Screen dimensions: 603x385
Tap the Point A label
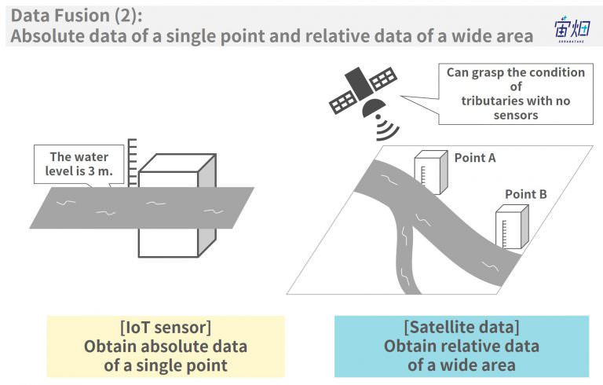(x=475, y=158)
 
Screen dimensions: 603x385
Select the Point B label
(x=526, y=194)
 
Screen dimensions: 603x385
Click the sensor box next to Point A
(x=431, y=172)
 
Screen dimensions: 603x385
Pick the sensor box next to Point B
(x=512, y=227)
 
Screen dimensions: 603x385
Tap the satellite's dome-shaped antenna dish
(x=373, y=108)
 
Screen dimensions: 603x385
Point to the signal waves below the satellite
(x=386, y=128)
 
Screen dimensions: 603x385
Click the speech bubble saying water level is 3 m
(x=79, y=165)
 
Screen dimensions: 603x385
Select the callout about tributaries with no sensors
(x=515, y=94)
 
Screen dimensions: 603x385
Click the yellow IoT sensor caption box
(x=166, y=346)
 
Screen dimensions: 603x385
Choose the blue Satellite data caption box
(x=462, y=346)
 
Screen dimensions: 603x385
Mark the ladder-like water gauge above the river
(x=132, y=163)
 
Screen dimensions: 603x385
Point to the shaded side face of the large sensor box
(x=207, y=205)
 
